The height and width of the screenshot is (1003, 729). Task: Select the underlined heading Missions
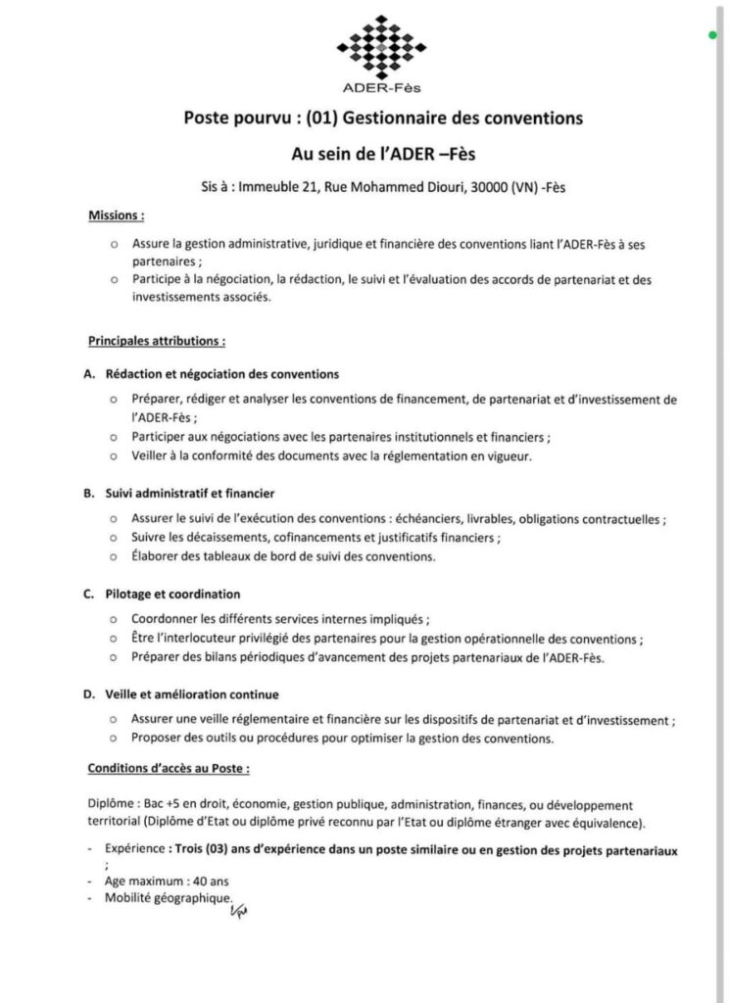pyautogui.click(x=116, y=215)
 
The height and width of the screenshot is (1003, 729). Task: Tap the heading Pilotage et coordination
pyautogui.click(x=172, y=595)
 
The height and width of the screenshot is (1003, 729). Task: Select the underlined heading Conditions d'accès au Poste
pyautogui.click(x=168, y=767)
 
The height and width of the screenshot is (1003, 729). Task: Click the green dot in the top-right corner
pyautogui.click(x=713, y=36)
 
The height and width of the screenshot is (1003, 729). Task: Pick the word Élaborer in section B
pyautogui.click(x=159, y=556)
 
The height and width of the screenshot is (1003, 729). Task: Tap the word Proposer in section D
pyautogui.click(x=158, y=738)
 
